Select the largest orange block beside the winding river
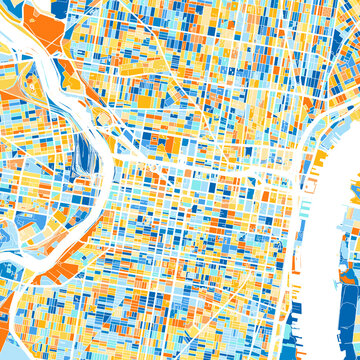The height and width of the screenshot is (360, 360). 42,25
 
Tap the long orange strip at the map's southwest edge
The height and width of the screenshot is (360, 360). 8,315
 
